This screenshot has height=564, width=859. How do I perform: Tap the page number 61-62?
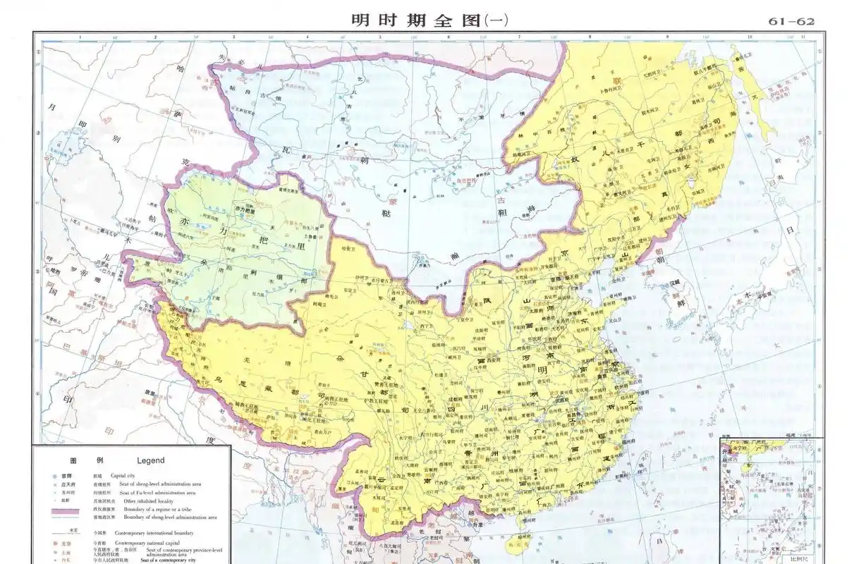791,21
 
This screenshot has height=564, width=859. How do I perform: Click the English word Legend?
150,460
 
